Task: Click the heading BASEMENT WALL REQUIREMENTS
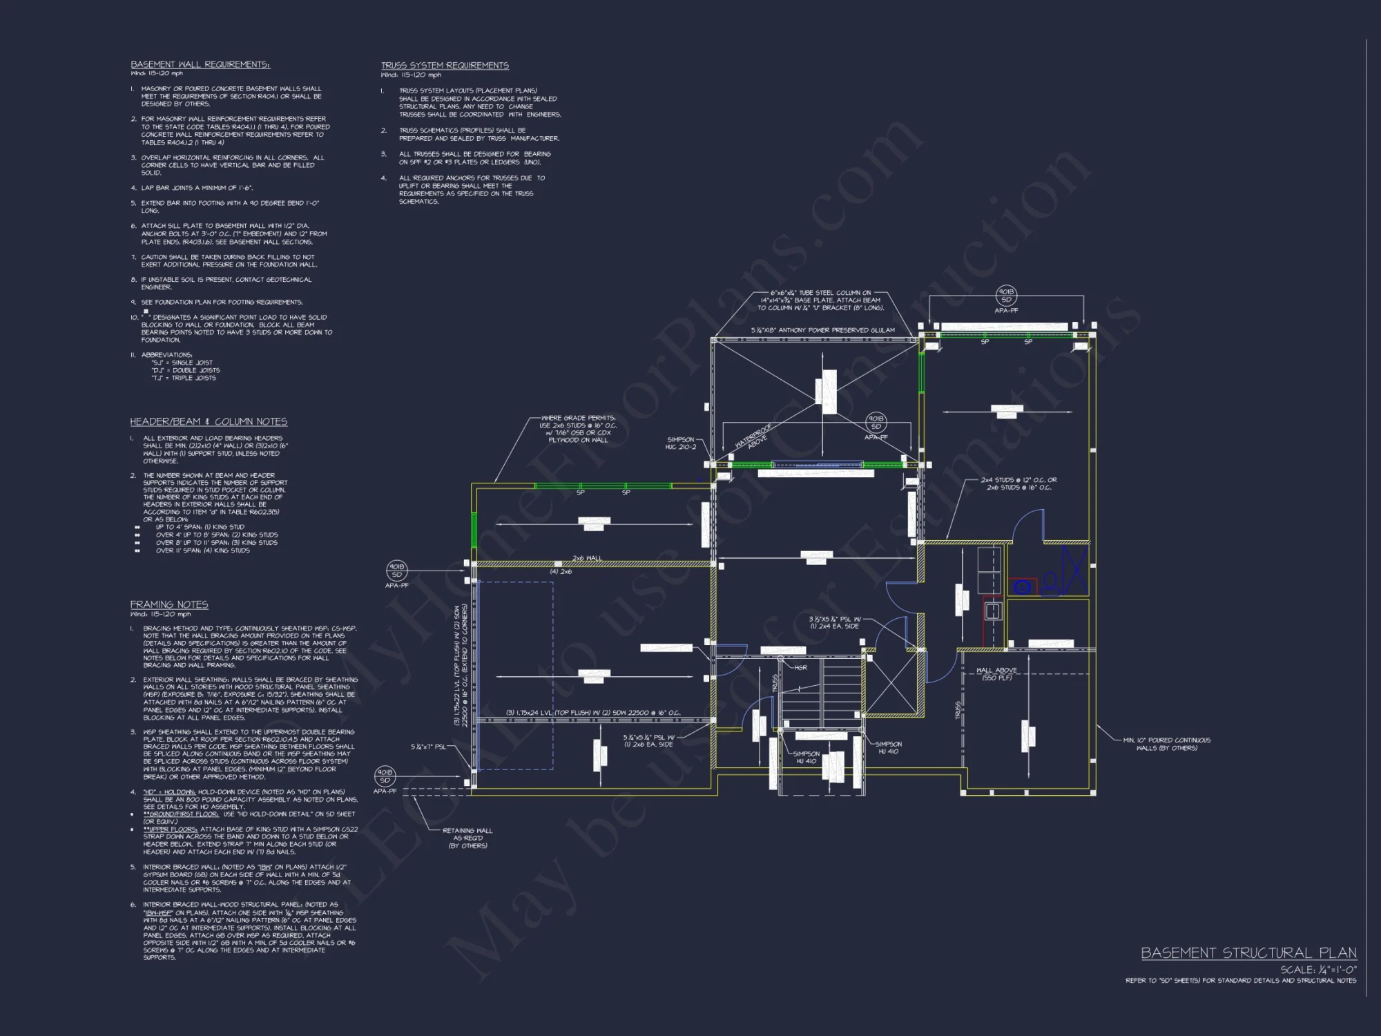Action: (x=200, y=64)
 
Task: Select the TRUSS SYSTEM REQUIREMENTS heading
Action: (x=445, y=66)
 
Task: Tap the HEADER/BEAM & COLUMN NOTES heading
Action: (x=209, y=421)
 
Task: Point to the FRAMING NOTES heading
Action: (x=169, y=604)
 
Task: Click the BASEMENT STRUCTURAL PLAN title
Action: (x=1248, y=953)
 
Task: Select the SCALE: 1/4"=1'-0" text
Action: (x=1318, y=970)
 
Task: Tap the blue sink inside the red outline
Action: (x=992, y=611)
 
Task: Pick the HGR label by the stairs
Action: (x=800, y=668)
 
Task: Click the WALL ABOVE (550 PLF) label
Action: (x=996, y=674)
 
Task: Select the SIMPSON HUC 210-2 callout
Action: (x=680, y=443)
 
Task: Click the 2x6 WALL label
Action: (x=587, y=558)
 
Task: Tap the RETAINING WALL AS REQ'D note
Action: (x=467, y=838)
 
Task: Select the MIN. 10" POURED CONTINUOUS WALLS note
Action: (x=1166, y=744)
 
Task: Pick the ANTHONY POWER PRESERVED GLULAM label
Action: (x=823, y=330)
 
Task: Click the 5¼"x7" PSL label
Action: (x=428, y=747)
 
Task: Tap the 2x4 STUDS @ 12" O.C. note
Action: (x=1018, y=483)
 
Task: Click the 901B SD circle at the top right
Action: (x=1006, y=296)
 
